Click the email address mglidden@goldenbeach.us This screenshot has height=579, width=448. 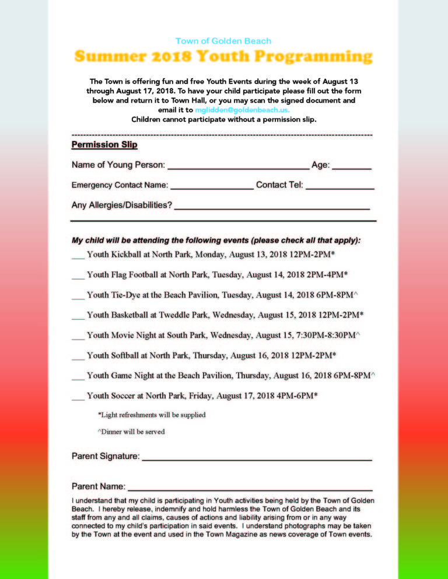pyautogui.click(x=242, y=110)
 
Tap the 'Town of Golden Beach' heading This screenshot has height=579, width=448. pyautogui.click(x=223, y=41)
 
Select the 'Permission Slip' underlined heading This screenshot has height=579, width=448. pyautogui.click(x=104, y=144)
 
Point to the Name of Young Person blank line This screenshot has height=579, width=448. pyautogui.click(x=239, y=167)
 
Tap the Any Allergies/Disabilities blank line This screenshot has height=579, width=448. pyautogui.click(x=272, y=207)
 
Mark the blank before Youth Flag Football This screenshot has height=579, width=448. pyautogui.click(x=78, y=277)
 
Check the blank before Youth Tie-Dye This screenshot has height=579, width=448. pyautogui.click(x=78, y=297)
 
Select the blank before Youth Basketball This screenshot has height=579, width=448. pyautogui.click(x=78, y=317)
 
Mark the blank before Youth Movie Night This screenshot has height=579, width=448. pyautogui.click(x=78, y=338)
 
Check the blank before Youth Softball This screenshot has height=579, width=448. pyautogui.click(x=78, y=358)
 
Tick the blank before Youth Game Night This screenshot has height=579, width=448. pyautogui.click(x=78, y=378)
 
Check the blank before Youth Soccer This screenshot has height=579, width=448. pyautogui.click(x=78, y=398)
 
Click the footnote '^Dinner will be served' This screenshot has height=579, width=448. pyautogui.click(x=131, y=432)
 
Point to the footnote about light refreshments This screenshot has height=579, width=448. pyautogui.click(x=152, y=415)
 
